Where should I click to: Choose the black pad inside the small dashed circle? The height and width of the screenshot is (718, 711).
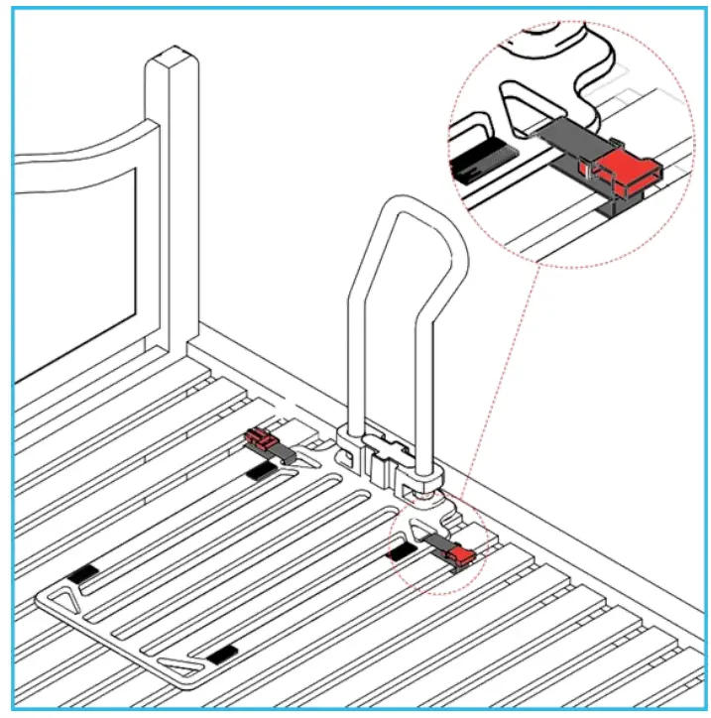coord(402,550)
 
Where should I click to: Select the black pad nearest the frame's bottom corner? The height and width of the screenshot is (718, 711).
coord(222,653)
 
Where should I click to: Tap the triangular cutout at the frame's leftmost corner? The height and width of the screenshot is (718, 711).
coord(61,599)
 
